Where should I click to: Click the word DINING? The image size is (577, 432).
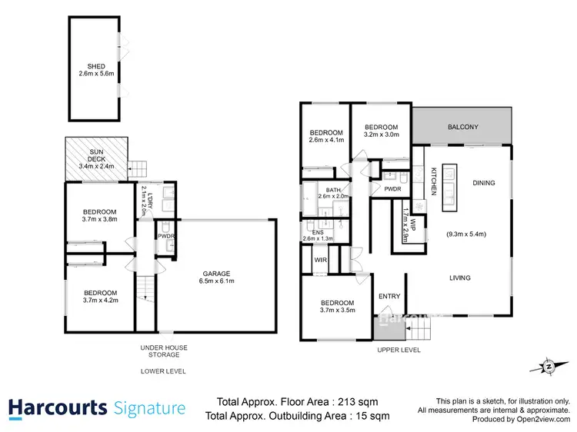pyautogui.click(x=483, y=183)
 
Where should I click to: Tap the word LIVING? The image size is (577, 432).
pyautogui.click(x=461, y=277)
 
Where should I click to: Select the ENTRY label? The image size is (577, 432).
pyautogui.click(x=389, y=296)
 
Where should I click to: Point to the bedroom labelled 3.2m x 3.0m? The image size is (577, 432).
pyautogui.click(x=381, y=131)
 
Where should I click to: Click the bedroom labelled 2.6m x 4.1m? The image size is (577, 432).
pyautogui.click(x=325, y=136)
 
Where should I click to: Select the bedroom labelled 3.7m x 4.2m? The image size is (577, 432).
pyautogui.click(x=100, y=297)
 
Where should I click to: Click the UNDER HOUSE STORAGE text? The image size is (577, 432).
pyautogui.click(x=163, y=351)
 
